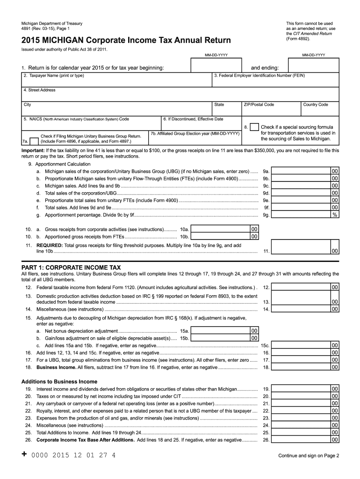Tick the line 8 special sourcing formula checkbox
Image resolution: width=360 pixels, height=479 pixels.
[x=253, y=127]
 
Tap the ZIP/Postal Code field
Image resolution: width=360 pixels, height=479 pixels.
[x=270, y=110]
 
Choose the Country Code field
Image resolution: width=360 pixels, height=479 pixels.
[x=320, y=110]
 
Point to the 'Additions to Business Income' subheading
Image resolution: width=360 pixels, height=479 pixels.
[x=59, y=381]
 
